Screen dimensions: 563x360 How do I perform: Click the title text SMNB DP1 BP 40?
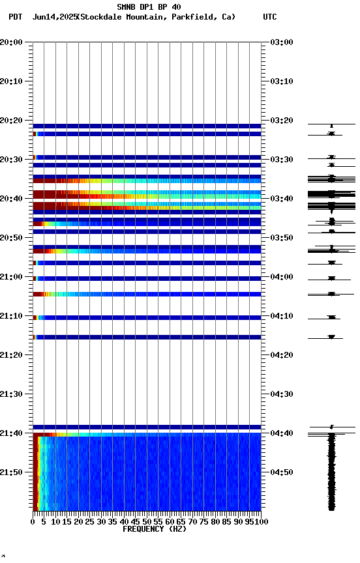pyautogui.click(x=149, y=7)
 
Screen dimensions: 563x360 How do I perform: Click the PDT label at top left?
pyautogui.click(x=16, y=17)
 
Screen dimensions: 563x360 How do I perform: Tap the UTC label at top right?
pyautogui.click(x=269, y=17)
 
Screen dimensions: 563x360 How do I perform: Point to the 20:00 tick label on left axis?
pyautogui.click(x=12, y=42)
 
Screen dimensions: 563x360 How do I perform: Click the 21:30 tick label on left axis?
pyautogui.click(x=12, y=394)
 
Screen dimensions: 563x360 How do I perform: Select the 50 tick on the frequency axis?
pyautogui.click(x=147, y=521)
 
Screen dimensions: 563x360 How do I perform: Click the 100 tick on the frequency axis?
pyautogui.click(x=262, y=521)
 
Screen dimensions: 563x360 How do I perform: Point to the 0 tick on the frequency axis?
pyautogui.click(x=33, y=521)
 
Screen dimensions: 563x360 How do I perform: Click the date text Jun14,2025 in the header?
pyautogui.click(x=54, y=17)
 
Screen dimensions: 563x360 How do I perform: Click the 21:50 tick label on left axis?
pyautogui.click(x=12, y=472)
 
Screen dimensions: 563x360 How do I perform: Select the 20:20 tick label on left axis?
pyautogui.click(x=12, y=121)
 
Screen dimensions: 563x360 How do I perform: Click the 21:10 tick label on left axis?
pyautogui.click(x=12, y=316)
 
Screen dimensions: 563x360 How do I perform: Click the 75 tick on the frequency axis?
pyautogui.click(x=204, y=521)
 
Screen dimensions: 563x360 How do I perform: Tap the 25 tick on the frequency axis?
pyautogui.click(x=90, y=521)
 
